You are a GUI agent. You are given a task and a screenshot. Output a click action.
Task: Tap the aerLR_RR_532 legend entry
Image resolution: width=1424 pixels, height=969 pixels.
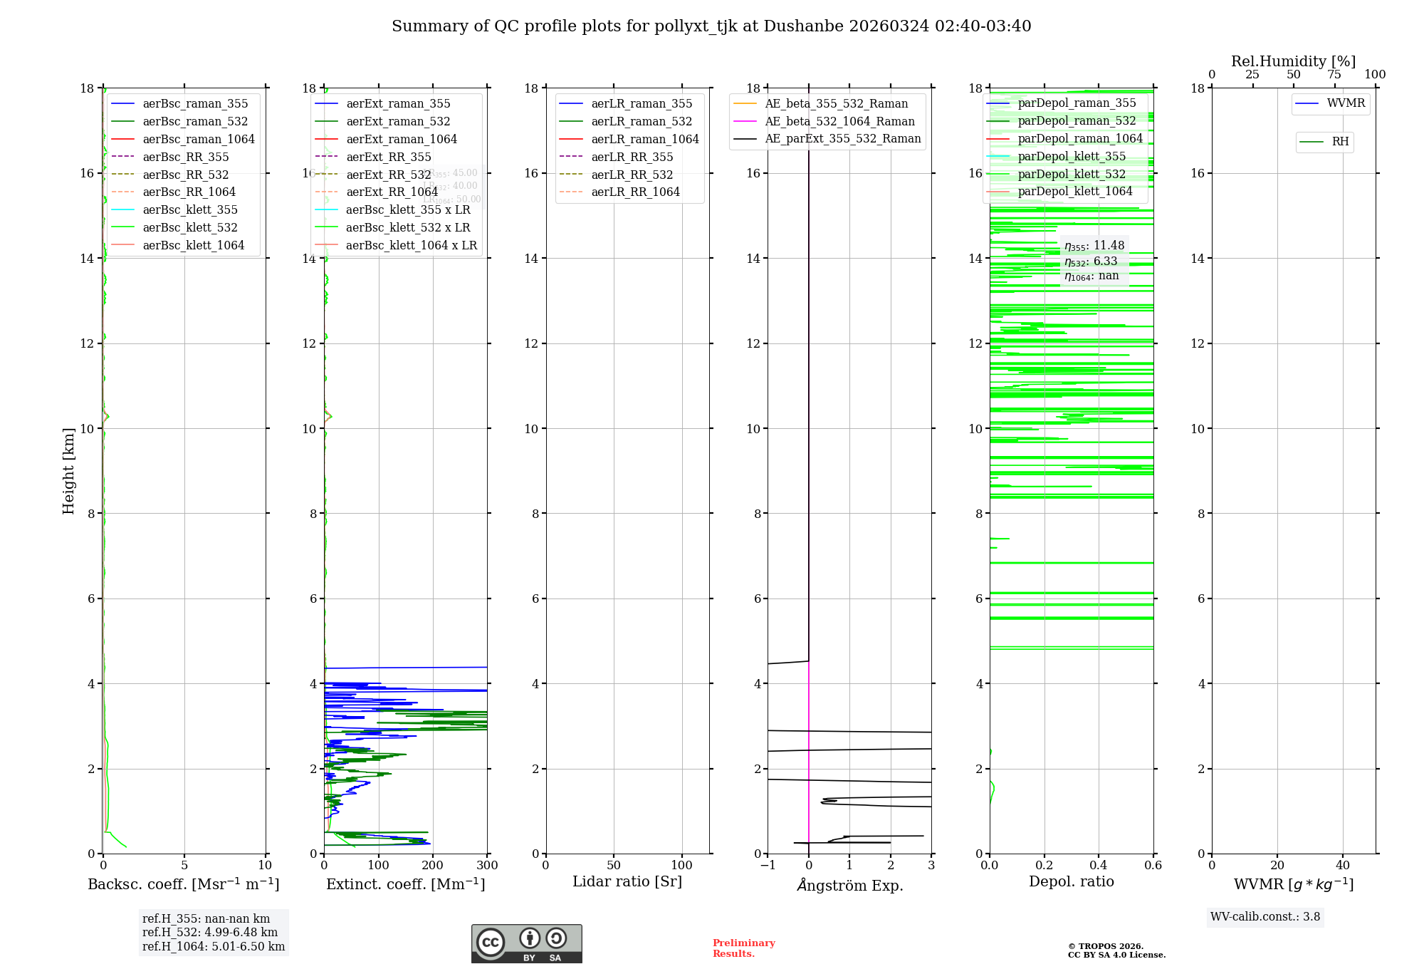[x=632, y=175]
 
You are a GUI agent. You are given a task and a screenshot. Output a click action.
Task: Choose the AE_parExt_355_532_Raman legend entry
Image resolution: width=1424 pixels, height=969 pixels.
[x=842, y=139]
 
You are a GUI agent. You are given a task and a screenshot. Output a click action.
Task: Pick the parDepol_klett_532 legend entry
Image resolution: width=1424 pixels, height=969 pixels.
[x=1072, y=175]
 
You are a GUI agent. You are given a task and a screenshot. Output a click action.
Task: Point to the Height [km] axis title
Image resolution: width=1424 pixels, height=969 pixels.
[x=68, y=471]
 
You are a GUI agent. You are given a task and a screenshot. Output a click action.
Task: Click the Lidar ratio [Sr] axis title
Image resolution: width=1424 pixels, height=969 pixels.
[x=627, y=882]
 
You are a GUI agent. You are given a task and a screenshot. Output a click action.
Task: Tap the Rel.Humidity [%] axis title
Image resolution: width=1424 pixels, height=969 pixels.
[x=1293, y=61]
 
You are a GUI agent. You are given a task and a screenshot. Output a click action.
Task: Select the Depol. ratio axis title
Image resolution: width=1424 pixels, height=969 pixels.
[x=1071, y=882]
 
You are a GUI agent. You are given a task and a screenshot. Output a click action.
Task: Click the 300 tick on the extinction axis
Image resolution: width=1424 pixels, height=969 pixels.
[x=487, y=866]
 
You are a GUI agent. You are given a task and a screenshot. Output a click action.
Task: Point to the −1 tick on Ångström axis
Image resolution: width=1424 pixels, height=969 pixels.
[x=768, y=866]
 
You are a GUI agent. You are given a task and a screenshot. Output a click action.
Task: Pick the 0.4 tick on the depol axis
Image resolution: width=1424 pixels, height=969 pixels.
[x=1099, y=866]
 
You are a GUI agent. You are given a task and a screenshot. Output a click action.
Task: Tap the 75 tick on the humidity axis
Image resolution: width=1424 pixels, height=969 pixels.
[x=1334, y=75]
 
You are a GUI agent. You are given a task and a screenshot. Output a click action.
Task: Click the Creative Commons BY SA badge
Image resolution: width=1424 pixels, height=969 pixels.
[x=526, y=944]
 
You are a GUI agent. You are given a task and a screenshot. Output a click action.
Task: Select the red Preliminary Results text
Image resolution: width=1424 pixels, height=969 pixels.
[x=743, y=948]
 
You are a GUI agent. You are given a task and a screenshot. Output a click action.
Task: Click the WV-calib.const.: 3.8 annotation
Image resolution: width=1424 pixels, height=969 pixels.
[x=1265, y=917]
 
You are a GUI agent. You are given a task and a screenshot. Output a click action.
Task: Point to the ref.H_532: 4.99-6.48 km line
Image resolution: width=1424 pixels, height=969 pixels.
[x=210, y=933]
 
